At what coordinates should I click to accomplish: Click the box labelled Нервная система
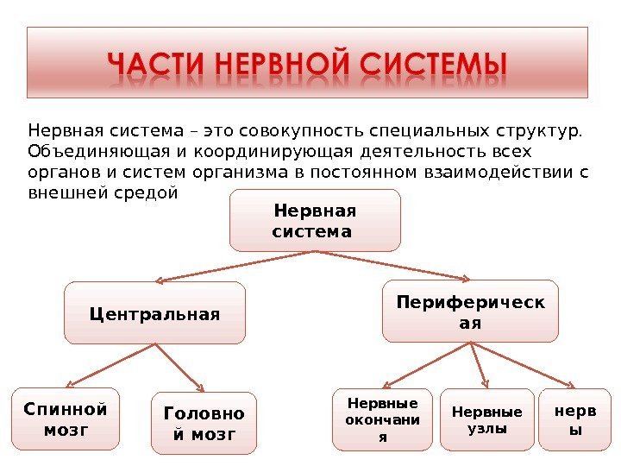click(x=315, y=221)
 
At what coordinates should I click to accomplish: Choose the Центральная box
click(x=154, y=312)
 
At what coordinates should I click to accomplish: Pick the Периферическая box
click(x=470, y=311)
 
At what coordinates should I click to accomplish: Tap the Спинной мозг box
click(x=66, y=419)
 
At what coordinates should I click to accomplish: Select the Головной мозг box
click(x=204, y=423)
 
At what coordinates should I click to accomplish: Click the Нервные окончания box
click(x=382, y=420)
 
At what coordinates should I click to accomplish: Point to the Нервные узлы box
click(x=486, y=420)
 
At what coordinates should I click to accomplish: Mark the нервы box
click(x=568, y=420)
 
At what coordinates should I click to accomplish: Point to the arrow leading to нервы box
click(x=521, y=363)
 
